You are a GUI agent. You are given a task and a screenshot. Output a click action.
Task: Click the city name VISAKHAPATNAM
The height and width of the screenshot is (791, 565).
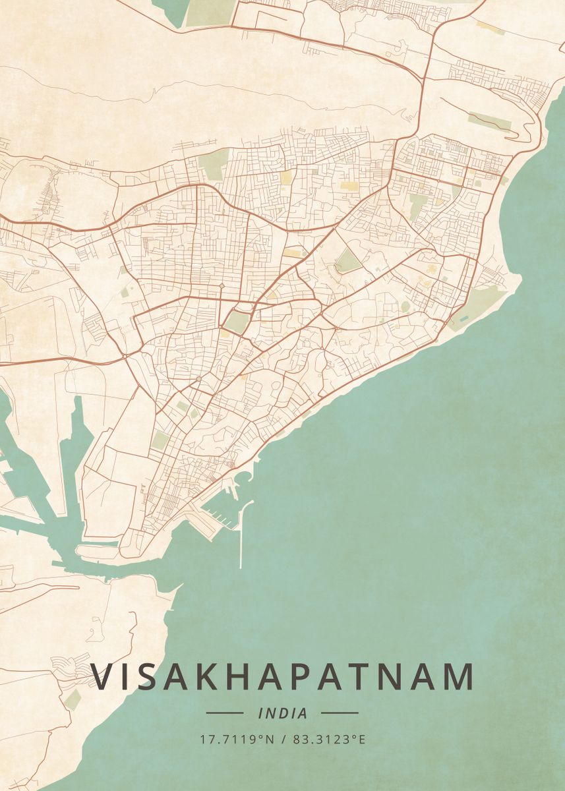[282, 677]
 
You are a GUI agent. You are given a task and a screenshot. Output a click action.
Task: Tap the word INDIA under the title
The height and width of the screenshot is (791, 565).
[283, 713]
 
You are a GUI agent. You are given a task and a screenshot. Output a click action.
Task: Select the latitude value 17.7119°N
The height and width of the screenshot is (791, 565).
[237, 740]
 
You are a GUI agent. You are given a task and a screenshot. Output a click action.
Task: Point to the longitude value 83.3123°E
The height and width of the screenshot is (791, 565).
[328, 740]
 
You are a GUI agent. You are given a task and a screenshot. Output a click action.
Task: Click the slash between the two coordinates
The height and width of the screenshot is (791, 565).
[283, 740]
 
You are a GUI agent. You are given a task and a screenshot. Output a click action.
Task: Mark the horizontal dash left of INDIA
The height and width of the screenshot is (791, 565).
[225, 713]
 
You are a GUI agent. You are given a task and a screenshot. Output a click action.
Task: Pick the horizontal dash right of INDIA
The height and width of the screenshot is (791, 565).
[340, 713]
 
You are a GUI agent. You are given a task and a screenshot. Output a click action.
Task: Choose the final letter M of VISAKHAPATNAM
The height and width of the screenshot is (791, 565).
[458, 677]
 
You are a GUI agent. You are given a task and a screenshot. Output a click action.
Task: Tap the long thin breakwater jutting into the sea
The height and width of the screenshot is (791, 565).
[242, 534]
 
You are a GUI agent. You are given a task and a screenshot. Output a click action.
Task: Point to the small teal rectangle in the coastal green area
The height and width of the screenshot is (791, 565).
[463, 318]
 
